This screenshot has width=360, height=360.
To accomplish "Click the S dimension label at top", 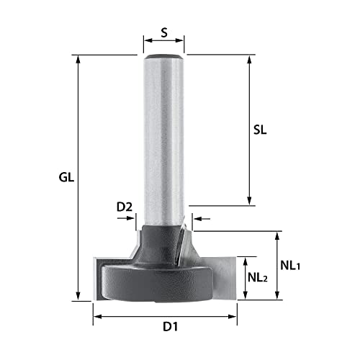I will [163, 32].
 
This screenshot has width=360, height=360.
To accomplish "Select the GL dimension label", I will [68, 177].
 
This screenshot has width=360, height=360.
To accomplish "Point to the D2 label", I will [125, 207].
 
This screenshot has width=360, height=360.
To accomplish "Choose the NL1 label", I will [291, 265].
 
